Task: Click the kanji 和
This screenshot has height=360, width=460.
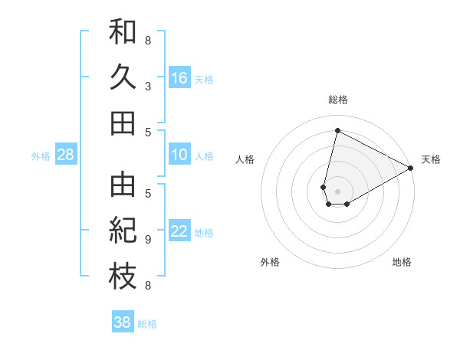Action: coord(123,33)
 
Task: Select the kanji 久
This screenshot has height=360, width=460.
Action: coord(123,77)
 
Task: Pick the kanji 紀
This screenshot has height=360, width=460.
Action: coord(123,231)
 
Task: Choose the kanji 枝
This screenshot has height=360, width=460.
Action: coord(123,277)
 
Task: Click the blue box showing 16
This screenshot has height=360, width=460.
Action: coord(179,77)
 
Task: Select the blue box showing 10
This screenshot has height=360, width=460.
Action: coord(179,155)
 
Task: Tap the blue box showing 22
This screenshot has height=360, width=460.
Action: coord(179,232)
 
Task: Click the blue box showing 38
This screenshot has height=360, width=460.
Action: coord(122,322)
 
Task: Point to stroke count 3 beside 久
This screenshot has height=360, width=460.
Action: coord(148,86)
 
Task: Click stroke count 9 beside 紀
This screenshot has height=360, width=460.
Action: coord(148,240)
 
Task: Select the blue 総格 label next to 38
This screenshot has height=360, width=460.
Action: coord(147,324)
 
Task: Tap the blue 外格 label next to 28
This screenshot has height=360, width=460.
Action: coord(41,156)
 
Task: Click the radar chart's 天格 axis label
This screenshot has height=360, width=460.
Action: coord(431,159)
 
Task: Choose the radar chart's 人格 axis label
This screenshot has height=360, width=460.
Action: coord(245,159)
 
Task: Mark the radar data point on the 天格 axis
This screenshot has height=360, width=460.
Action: coord(411,169)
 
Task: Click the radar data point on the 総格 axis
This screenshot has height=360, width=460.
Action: coord(337,130)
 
